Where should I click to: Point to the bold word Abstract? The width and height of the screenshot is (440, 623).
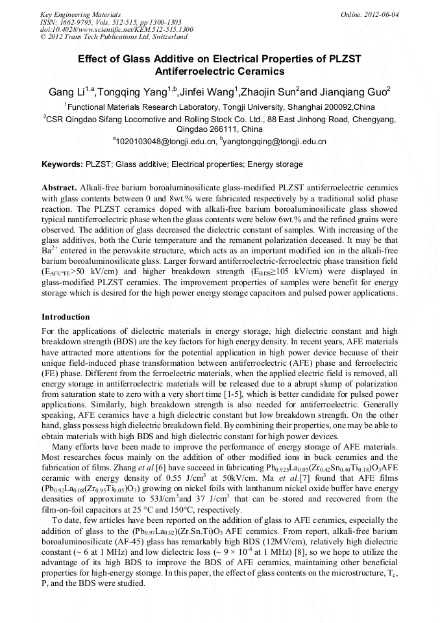coord(59,187)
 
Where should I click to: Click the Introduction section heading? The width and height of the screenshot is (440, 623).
coord(66,317)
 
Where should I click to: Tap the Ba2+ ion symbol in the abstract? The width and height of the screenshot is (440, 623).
coord(50,249)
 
